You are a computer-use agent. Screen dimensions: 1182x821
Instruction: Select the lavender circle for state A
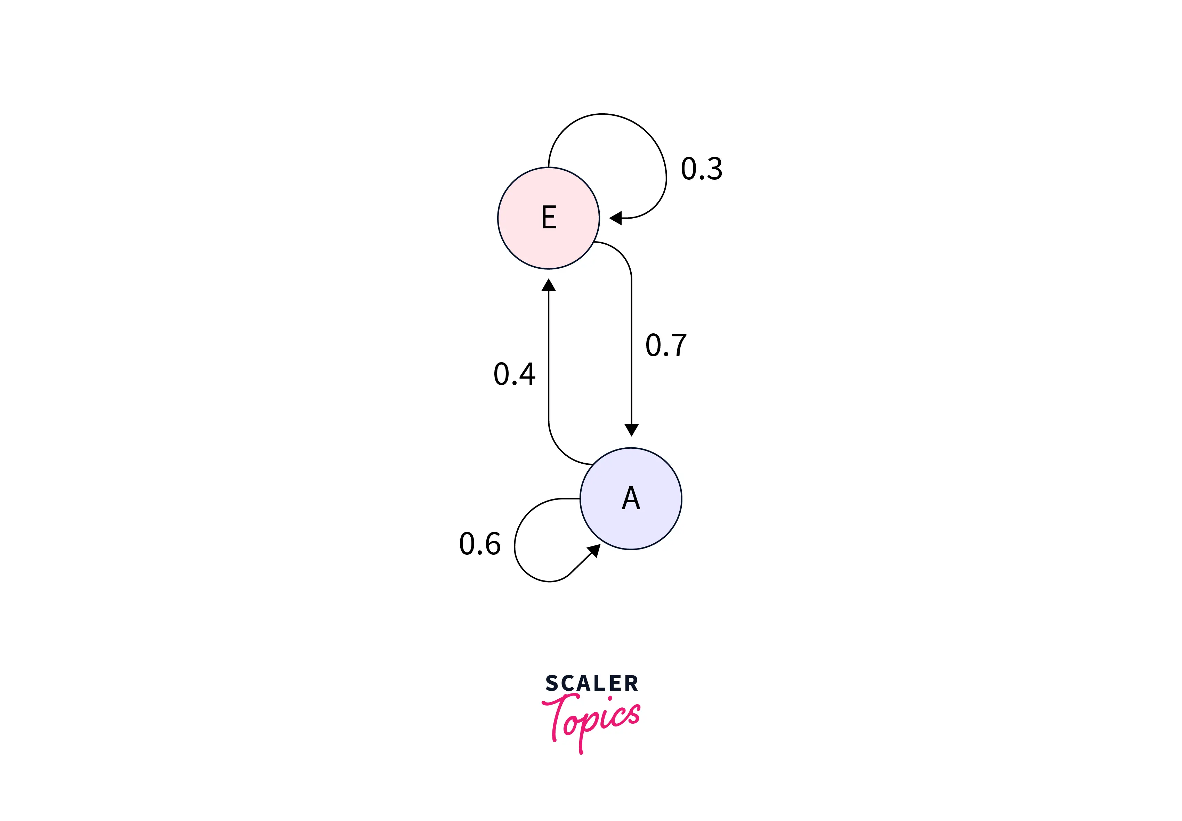(x=631, y=498)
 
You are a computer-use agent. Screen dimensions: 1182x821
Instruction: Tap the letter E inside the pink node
(x=549, y=217)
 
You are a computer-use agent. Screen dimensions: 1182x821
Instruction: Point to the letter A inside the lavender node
(x=631, y=498)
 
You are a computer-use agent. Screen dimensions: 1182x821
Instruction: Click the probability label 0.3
(x=702, y=169)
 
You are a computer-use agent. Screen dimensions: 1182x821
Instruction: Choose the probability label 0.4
(x=515, y=374)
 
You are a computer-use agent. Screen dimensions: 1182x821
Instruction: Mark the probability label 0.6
(x=480, y=544)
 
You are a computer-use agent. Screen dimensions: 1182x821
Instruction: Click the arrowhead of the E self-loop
(x=616, y=218)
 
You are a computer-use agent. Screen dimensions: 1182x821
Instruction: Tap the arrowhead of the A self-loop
(x=594, y=551)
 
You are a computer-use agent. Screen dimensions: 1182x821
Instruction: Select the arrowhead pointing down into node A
(x=631, y=430)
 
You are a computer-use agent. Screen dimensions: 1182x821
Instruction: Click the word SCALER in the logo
(x=591, y=683)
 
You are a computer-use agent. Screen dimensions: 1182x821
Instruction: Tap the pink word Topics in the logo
(x=591, y=720)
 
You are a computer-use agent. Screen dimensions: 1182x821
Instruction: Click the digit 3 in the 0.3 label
(x=714, y=169)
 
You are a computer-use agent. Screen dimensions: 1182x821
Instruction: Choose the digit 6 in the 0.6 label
(x=492, y=544)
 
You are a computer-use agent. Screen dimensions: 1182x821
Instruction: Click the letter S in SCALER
(x=551, y=683)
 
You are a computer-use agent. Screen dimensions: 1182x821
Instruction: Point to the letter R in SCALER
(x=632, y=683)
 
